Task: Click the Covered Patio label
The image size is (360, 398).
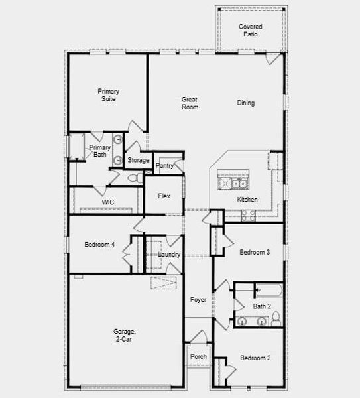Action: (x=251, y=30)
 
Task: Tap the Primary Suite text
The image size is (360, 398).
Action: (x=107, y=95)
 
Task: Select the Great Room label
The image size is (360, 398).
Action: (x=190, y=103)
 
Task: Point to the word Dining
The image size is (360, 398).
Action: (x=245, y=103)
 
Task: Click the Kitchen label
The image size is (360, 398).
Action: (x=247, y=200)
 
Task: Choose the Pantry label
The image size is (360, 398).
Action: (x=164, y=166)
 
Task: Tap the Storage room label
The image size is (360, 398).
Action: (x=138, y=160)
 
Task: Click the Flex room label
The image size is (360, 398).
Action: (x=164, y=196)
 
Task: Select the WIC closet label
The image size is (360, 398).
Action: (x=107, y=202)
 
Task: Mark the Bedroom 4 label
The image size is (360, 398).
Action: (x=99, y=245)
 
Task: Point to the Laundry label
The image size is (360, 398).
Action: (x=170, y=255)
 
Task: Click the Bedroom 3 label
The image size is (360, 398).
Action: (x=255, y=252)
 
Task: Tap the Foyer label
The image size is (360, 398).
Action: (x=198, y=300)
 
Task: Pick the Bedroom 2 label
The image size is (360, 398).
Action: (x=255, y=358)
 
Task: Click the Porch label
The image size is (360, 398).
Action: (x=198, y=356)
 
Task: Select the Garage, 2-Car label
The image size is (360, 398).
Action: (x=124, y=335)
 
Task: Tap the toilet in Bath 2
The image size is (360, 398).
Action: (x=276, y=320)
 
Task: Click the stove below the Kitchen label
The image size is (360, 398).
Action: (x=248, y=214)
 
